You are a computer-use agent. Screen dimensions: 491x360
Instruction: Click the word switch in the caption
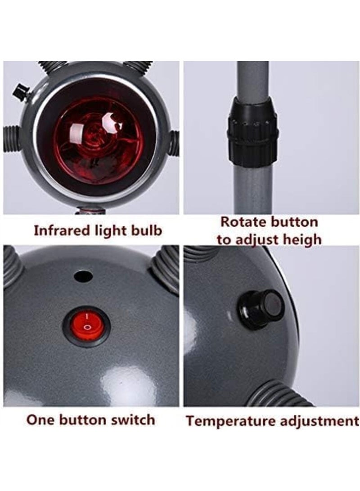134,420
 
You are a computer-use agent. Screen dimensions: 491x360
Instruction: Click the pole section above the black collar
252,81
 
